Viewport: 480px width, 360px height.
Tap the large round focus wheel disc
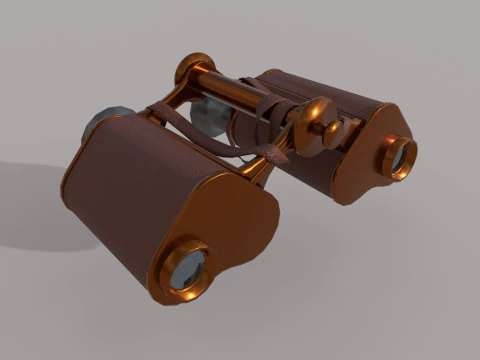[319, 119]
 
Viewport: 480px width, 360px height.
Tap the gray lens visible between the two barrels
[210, 116]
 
